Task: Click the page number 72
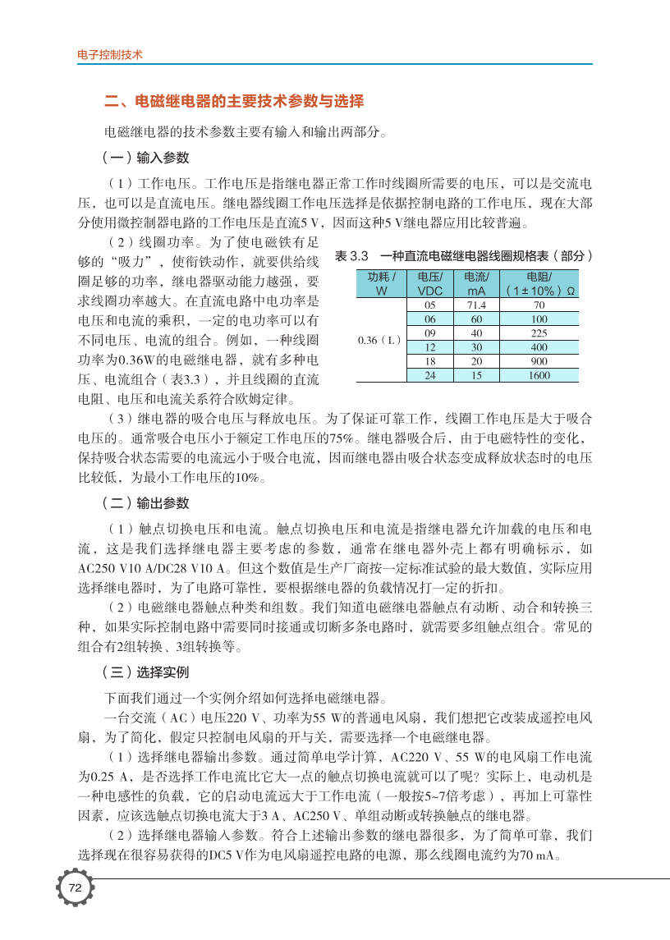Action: (x=75, y=887)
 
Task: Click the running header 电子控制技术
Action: (x=109, y=56)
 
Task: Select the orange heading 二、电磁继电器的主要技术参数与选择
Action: (x=233, y=102)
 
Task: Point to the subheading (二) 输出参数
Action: (x=145, y=502)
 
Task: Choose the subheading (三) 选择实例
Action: (x=145, y=672)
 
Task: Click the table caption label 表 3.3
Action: (x=352, y=255)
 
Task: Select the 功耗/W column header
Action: (x=381, y=283)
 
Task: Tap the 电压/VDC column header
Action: (x=429, y=283)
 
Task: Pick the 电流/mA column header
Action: (x=476, y=283)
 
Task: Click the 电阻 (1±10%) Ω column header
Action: (x=539, y=283)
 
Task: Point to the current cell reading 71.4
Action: (x=476, y=305)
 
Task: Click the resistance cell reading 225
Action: (x=539, y=332)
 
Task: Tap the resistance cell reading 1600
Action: (x=539, y=375)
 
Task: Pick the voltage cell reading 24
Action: (x=429, y=375)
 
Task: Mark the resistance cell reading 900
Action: (x=539, y=361)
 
